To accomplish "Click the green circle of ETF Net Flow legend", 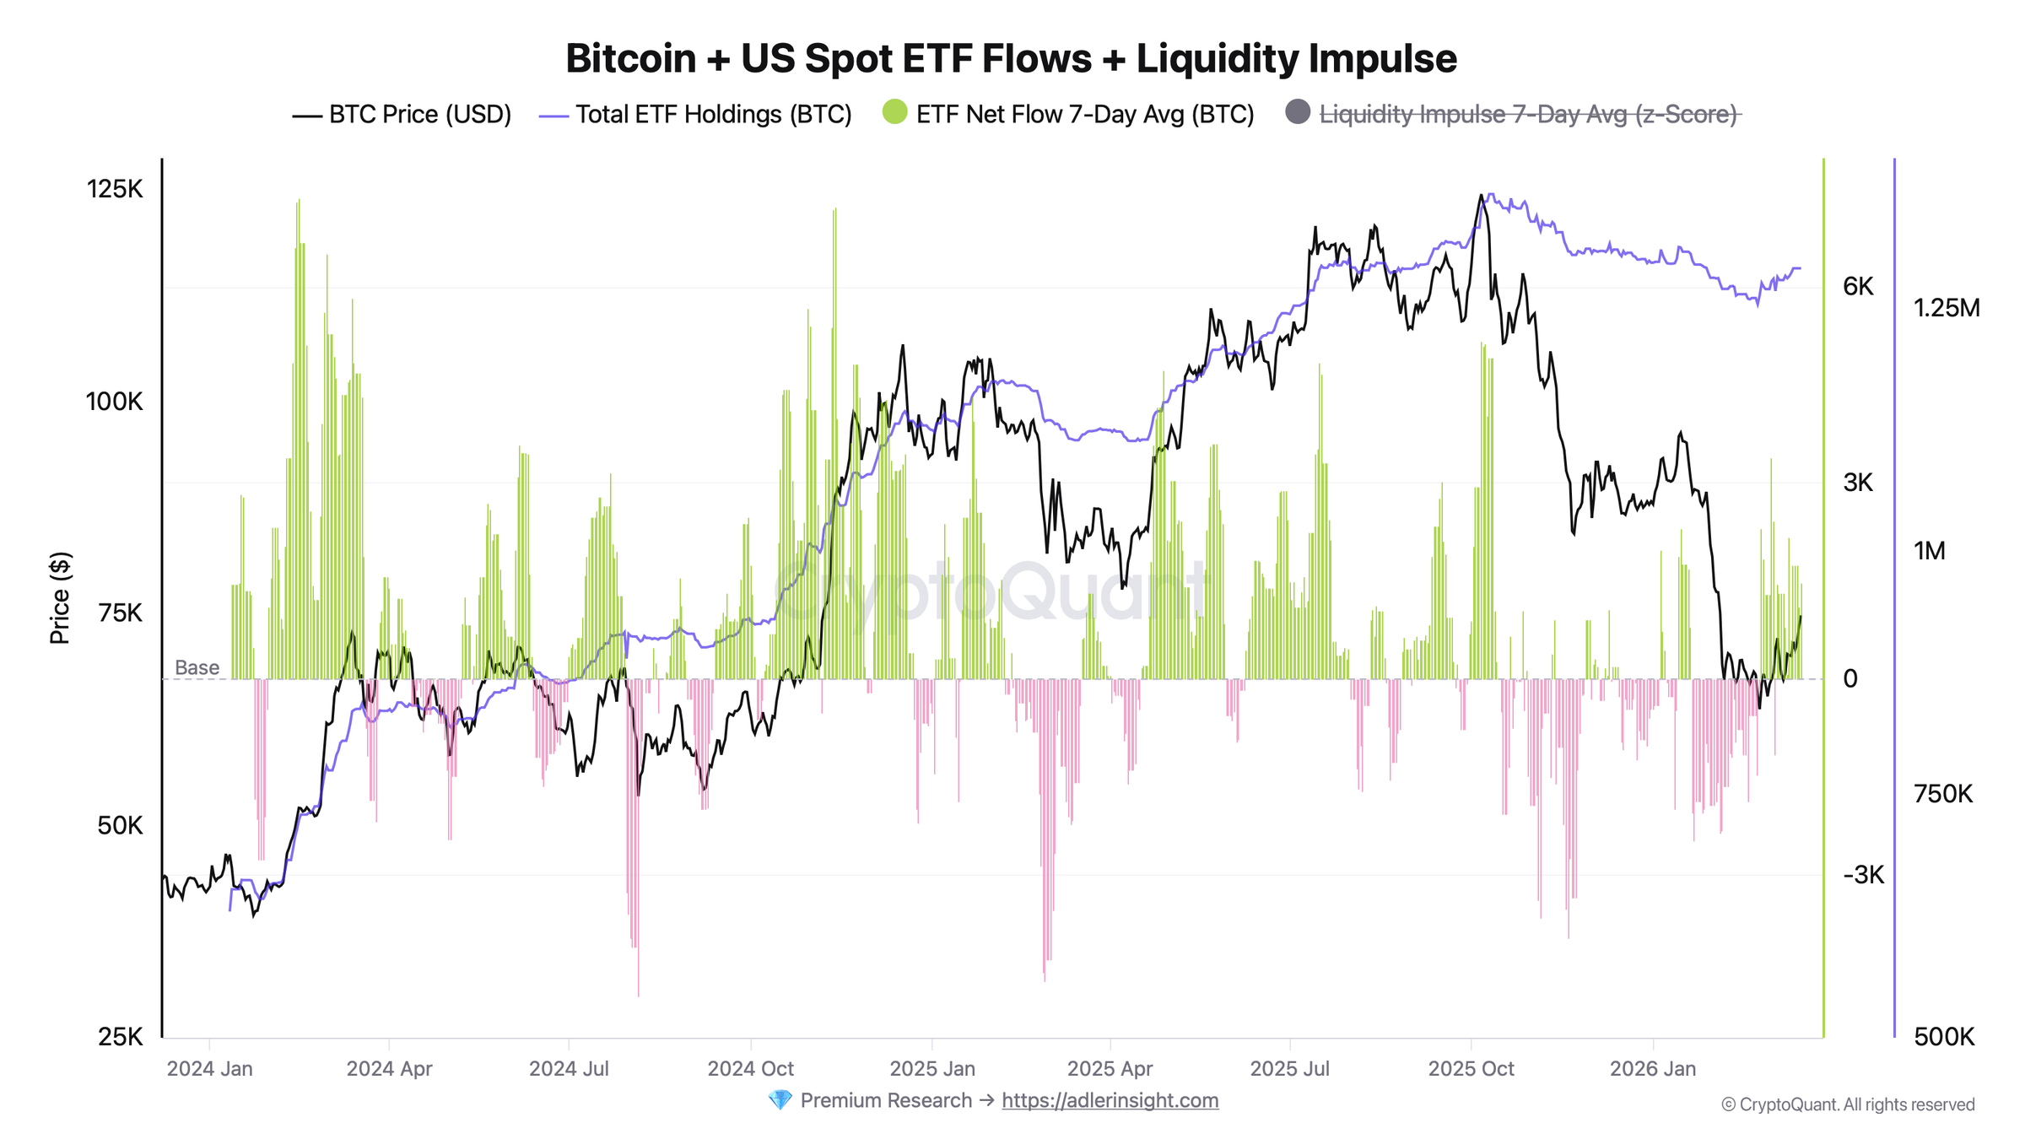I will pyautogui.click(x=894, y=111).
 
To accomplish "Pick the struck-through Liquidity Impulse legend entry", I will pyautogui.click(x=1527, y=115).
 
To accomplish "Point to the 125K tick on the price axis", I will pyautogui.click(x=116, y=189).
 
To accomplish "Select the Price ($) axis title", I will pyautogui.click(x=60, y=598).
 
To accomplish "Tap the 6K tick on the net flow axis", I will pyautogui.click(x=1857, y=287).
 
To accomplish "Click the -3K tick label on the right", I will pyautogui.click(x=1863, y=875).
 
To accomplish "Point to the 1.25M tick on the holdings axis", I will pyautogui.click(x=1946, y=308).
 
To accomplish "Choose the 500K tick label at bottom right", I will pyautogui.click(x=1944, y=1037).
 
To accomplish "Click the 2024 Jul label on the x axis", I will pyautogui.click(x=569, y=1069).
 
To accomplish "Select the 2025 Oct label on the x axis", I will pyautogui.click(x=1471, y=1069).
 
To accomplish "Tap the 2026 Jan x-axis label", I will pyautogui.click(x=1652, y=1069).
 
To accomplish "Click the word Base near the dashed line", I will pyautogui.click(x=197, y=668).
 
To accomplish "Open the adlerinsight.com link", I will pyautogui.click(x=1110, y=1101).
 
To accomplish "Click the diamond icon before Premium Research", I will pyautogui.click(x=780, y=1100).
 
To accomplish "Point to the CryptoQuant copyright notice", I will pyautogui.click(x=1848, y=1105).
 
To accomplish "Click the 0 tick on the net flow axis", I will pyautogui.click(x=1850, y=679).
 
